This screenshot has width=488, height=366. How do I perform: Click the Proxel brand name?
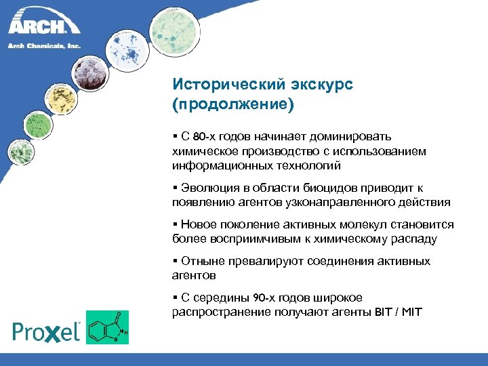[46, 331]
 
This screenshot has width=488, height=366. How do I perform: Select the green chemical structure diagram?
[107, 327]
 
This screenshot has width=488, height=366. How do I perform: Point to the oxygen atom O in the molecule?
[119, 314]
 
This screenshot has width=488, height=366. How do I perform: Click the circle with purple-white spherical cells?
[90, 73]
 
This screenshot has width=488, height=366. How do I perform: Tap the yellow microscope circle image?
[59, 99]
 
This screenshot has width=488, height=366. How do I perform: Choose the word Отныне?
[201, 261]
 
